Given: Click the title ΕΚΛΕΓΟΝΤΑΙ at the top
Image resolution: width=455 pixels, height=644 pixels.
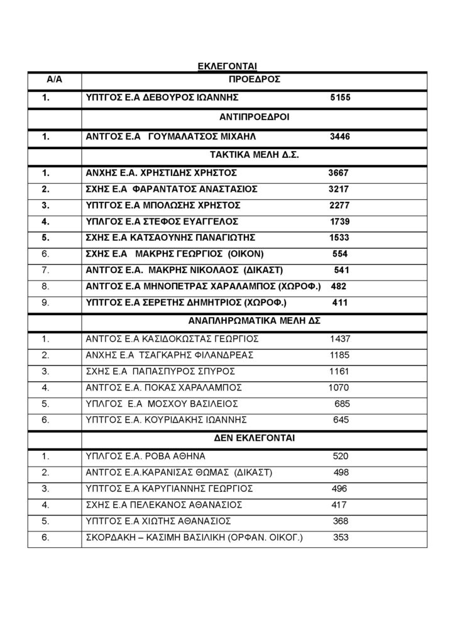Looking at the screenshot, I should pyautogui.click(x=227, y=65).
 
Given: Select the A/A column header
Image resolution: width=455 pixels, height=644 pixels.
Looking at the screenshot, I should pyautogui.click(x=54, y=80).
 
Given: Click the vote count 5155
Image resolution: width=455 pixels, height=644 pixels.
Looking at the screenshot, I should pyautogui.click(x=339, y=99).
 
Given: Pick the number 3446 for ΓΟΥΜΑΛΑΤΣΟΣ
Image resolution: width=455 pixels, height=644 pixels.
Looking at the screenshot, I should pyautogui.click(x=340, y=136).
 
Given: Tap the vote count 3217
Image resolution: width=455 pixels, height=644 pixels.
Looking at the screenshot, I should pyautogui.click(x=339, y=189).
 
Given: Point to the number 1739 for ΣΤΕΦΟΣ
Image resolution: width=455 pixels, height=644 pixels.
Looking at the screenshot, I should pyautogui.click(x=340, y=221).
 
